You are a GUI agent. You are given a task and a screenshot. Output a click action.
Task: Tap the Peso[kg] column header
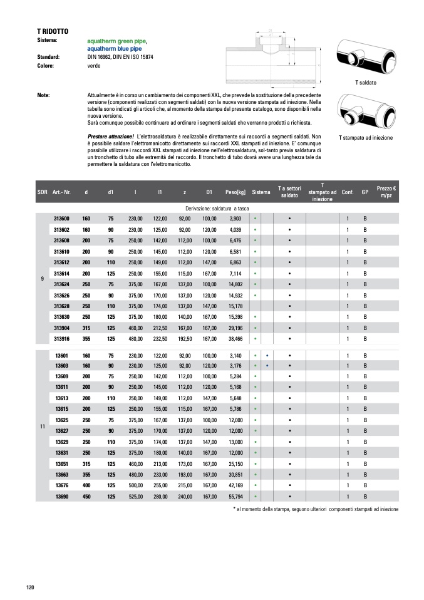[x=235, y=192]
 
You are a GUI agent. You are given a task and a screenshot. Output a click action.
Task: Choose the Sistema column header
[x=262, y=192]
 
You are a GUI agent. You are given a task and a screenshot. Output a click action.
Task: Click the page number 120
[x=30, y=587]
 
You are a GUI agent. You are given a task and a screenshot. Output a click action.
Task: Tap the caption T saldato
[x=365, y=82]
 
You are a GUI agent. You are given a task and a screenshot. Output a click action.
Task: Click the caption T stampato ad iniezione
[x=365, y=137]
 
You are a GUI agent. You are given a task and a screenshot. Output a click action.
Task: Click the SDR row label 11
[x=42, y=427]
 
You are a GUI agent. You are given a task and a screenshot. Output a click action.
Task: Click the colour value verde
[x=94, y=65]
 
